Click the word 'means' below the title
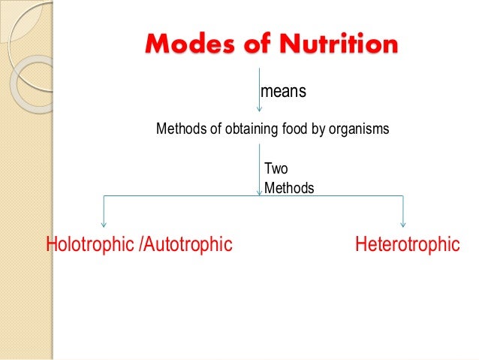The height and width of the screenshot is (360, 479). [x=283, y=92]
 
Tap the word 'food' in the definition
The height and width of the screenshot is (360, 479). [x=294, y=129]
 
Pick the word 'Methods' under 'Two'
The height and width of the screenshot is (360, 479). [x=289, y=188]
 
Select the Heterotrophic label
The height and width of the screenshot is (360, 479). [x=407, y=244]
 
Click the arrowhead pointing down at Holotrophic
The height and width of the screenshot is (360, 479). [x=104, y=223]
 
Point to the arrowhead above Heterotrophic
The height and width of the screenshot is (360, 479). [x=404, y=223]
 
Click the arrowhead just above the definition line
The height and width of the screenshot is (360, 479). [x=259, y=109]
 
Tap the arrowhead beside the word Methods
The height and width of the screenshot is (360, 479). [x=260, y=192]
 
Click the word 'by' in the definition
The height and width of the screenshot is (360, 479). [x=316, y=129]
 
